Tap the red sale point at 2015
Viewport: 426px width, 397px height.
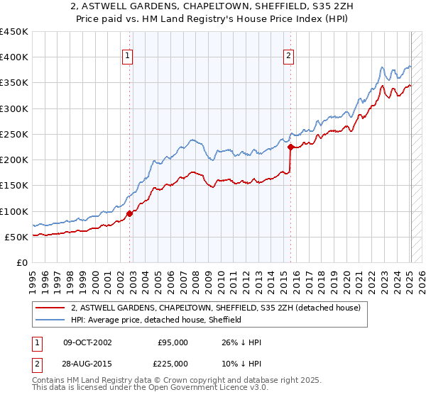point(290,147)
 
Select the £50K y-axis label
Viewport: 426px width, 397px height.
point(17,237)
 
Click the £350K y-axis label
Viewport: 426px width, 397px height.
point(14,83)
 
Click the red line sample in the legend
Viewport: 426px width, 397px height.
point(50,308)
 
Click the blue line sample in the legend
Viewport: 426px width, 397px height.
point(50,320)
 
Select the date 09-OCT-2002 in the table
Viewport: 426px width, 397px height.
point(87,342)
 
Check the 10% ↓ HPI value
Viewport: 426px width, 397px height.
point(242,363)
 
